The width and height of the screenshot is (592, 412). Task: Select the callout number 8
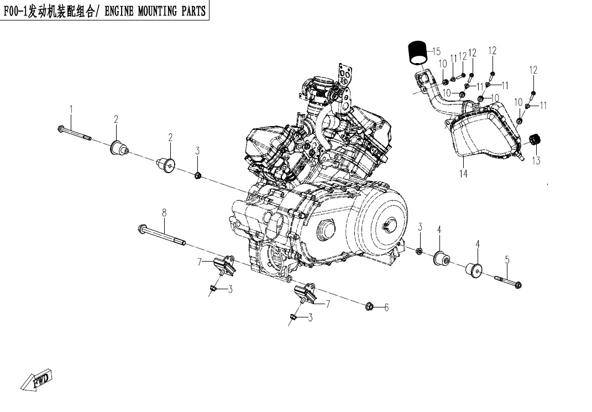164,212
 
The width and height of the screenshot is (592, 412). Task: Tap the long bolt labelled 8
161,234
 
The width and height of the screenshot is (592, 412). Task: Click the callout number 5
507,259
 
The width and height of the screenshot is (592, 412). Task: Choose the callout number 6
386,307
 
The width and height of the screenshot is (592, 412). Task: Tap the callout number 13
536,161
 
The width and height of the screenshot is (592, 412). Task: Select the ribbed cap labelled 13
535,141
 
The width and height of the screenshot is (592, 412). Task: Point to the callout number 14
463,174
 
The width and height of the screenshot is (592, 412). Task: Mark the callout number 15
436,52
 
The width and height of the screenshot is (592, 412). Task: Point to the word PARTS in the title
193,11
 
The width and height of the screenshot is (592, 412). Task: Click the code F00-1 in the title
16,11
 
